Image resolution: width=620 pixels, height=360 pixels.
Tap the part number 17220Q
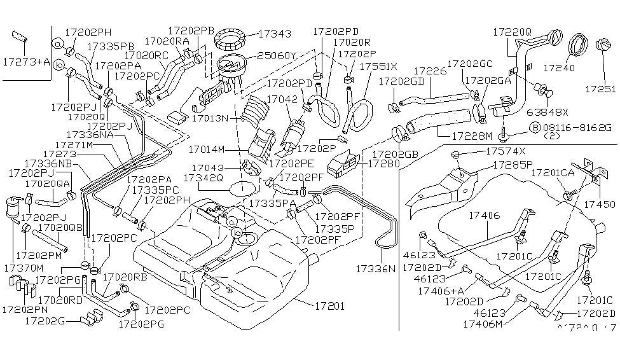click(511, 31)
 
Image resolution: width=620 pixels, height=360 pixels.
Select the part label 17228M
click(471, 135)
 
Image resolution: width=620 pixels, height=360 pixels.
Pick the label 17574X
click(506, 151)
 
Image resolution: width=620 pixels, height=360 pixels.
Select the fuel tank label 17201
click(329, 306)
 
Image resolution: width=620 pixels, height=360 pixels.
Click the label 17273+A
click(26, 62)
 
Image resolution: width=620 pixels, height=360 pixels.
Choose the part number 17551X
click(378, 66)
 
